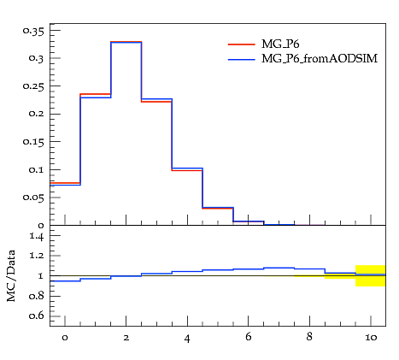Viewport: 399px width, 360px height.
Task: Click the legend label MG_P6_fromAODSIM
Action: tap(320, 59)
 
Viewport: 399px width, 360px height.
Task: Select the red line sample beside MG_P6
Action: tap(242, 44)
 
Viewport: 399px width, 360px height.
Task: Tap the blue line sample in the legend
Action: tap(242, 60)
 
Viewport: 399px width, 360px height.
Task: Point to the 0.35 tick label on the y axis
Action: tap(33, 31)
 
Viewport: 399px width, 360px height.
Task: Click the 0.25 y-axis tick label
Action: tap(33, 86)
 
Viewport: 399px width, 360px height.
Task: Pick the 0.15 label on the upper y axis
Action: tap(33, 142)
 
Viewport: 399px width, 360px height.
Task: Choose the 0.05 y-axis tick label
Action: tap(33, 198)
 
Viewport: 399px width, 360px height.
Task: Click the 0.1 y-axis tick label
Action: tap(37, 170)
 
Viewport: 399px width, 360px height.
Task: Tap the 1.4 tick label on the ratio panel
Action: tap(37, 237)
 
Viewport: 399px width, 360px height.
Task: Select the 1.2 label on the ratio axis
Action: tap(37, 256)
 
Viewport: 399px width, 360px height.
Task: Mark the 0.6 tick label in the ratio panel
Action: tap(37, 316)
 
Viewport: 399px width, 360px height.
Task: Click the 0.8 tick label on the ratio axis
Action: tap(37, 296)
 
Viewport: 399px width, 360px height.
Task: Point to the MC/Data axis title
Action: tap(11, 275)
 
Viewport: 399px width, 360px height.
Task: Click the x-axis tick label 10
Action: tap(371, 338)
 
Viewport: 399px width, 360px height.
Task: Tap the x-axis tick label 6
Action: tap(249, 337)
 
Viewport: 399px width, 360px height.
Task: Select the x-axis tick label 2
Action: tap(126, 338)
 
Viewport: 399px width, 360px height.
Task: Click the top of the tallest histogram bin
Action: tap(126, 42)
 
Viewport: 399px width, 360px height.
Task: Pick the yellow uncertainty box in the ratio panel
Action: tap(371, 275)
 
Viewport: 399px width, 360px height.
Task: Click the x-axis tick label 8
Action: tap(309, 337)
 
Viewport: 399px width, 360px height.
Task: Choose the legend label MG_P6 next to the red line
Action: tap(280, 44)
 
